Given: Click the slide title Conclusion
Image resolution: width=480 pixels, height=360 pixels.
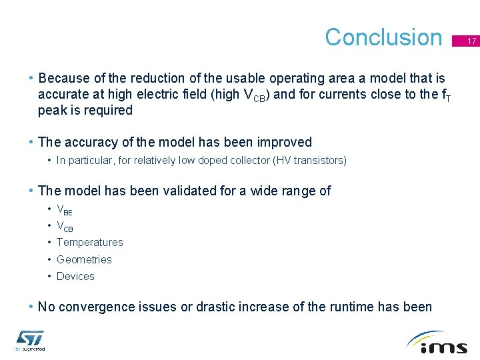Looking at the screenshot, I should click(383, 37).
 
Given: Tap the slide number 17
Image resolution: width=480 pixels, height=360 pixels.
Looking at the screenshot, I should click(471, 41).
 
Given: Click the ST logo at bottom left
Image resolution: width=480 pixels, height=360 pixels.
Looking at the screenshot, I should click(29, 340).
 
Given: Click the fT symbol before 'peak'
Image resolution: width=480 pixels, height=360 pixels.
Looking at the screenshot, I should click(445, 95).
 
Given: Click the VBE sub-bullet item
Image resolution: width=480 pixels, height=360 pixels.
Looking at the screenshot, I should click(65, 209).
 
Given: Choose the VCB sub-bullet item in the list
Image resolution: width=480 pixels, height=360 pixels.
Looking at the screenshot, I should click(65, 226).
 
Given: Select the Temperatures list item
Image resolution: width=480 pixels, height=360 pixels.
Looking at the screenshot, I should click(90, 242).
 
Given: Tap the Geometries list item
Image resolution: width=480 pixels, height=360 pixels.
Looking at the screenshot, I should click(84, 259).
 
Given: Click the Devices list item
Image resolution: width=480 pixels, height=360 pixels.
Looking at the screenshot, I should click(75, 276).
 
